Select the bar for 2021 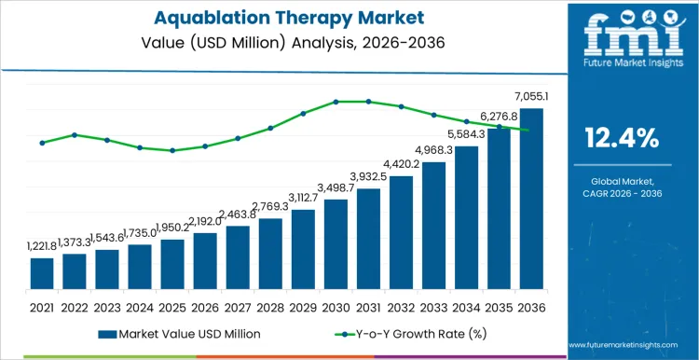click(42, 273)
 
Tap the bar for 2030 click(336, 244)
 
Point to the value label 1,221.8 click(42, 246)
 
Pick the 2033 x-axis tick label click(433, 307)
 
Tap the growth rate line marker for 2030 click(336, 102)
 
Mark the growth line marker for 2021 click(42, 143)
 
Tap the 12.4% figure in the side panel click(621, 140)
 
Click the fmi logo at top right click(621, 37)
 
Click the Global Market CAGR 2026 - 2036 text click(621, 187)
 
